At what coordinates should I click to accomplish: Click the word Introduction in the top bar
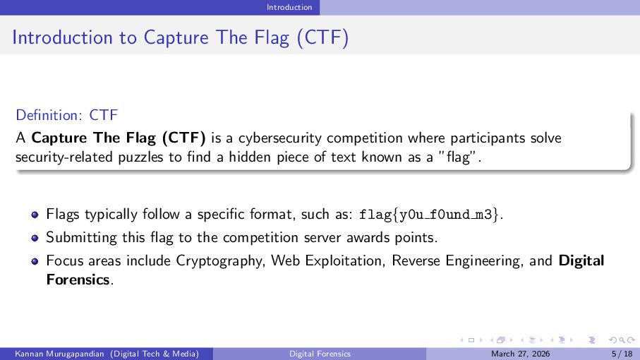click(289, 7)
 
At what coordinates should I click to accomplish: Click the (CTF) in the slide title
click(323, 37)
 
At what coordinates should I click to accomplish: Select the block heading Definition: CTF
click(66, 115)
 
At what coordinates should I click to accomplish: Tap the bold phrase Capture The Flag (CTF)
click(119, 138)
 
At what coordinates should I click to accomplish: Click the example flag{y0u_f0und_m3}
click(428, 215)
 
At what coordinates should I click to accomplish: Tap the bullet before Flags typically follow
click(35, 215)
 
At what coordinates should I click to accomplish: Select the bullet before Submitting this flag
click(35, 238)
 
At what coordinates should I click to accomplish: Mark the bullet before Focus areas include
click(35, 261)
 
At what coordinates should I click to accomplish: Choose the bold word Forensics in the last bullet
click(78, 280)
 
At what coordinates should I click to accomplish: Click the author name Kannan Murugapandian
click(59, 354)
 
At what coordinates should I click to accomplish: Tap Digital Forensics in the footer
click(320, 354)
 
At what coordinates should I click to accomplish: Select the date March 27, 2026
click(521, 354)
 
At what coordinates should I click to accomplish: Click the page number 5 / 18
click(622, 354)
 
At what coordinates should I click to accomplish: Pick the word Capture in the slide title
click(176, 37)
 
